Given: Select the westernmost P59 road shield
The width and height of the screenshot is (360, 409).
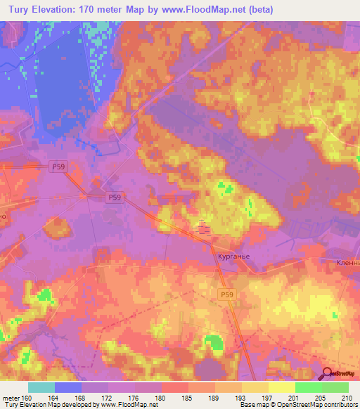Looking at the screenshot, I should click(x=60, y=167).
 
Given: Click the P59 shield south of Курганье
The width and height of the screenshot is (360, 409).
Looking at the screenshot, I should click(x=226, y=295).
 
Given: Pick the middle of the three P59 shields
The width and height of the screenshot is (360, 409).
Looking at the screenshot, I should click(x=115, y=199).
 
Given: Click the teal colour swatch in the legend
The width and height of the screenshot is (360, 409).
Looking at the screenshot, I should click(x=41, y=387).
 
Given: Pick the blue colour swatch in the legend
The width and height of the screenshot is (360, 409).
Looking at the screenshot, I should click(x=68, y=387).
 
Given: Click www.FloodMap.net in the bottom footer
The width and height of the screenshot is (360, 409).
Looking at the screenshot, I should click(x=127, y=405).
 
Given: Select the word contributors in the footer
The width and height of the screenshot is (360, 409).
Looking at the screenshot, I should click(x=337, y=405).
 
